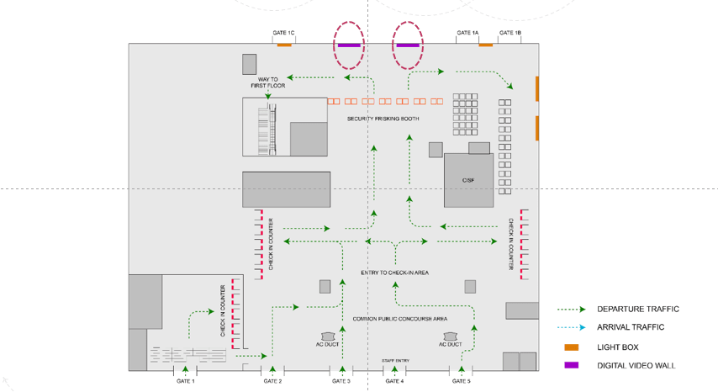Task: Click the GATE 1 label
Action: pos(186,381)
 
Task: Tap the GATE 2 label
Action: pos(272,381)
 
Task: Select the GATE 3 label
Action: pos(341,381)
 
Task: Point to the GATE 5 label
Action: pos(462,381)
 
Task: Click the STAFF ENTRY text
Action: pos(395,361)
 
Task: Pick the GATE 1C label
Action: pos(284,33)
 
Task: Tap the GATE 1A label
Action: pos(467,33)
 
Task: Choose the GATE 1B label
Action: pos(510,33)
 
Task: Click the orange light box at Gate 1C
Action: pos(285,45)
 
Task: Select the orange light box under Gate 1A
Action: pos(486,45)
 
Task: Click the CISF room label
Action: pos(468,181)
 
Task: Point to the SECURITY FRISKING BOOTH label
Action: pos(383,119)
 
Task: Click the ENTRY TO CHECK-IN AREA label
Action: pos(395,273)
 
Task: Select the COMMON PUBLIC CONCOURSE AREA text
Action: pos(399,319)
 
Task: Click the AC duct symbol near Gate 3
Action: pos(327,336)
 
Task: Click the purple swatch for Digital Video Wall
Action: pos(572,365)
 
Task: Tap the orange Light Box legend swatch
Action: pos(572,347)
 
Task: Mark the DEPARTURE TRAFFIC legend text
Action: pos(638,310)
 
